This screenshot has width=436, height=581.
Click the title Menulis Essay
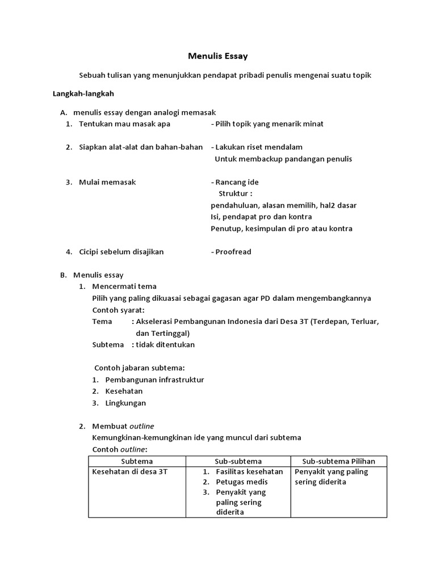218,56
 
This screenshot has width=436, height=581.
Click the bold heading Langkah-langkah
84,94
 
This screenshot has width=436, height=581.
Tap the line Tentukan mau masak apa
124,124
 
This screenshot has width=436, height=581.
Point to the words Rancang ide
237,182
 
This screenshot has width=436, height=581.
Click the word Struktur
235,193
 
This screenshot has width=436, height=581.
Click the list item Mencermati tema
124,286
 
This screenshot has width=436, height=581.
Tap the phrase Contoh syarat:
118,310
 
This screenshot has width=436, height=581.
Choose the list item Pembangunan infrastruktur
154,380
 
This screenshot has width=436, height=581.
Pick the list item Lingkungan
125,403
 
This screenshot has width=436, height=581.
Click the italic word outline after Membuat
142,426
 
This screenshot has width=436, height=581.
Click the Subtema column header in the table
137,461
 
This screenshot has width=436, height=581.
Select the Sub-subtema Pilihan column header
339,461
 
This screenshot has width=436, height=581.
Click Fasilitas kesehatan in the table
249,472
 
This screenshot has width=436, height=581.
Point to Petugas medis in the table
242,482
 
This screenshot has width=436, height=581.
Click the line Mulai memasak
107,182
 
